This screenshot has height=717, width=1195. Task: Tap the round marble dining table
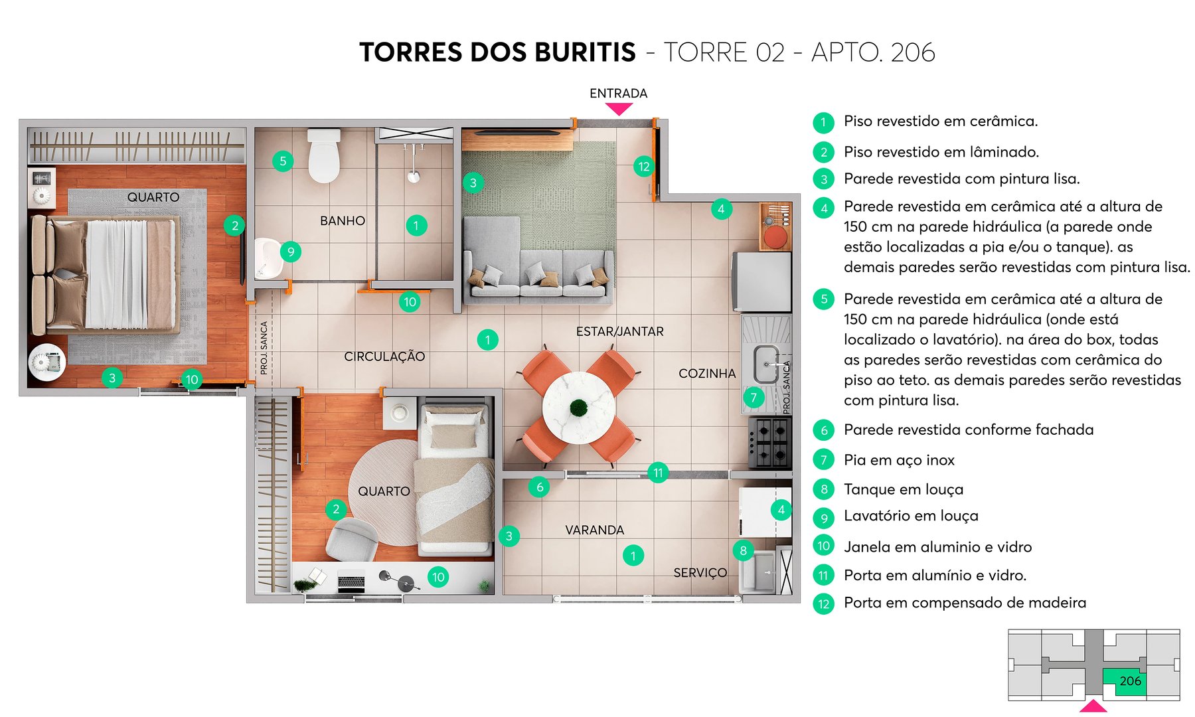click(x=578, y=407)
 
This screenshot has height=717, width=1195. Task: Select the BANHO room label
click(x=343, y=220)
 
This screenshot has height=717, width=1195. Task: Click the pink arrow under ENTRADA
click(x=619, y=109)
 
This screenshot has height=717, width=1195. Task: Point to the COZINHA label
click(x=707, y=373)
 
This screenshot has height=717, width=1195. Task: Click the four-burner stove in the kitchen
click(x=770, y=443)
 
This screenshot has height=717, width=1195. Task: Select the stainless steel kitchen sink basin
click(x=766, y=364)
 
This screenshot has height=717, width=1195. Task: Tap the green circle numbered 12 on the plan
click(x=643, y=167)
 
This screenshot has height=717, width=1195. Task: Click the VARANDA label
click(x=594, y=530)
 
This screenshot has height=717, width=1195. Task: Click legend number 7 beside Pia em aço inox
click(x=824, y=460)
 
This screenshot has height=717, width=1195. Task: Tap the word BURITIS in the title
click(x=585, y=52)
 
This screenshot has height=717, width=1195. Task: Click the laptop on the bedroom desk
click(x=351, y=582)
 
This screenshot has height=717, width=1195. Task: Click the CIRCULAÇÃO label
click(x=384, y=357)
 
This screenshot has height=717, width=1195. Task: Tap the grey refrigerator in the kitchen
click(x=761, y=281)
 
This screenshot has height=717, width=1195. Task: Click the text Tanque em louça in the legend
click(x=903, y=489)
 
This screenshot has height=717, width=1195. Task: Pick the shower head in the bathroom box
click(x=414, y=176)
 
